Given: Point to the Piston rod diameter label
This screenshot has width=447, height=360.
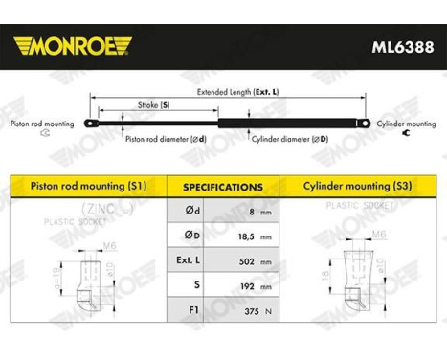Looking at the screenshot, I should click(164, 139).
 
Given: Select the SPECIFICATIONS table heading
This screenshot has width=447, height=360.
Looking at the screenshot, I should click(224, 187).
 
